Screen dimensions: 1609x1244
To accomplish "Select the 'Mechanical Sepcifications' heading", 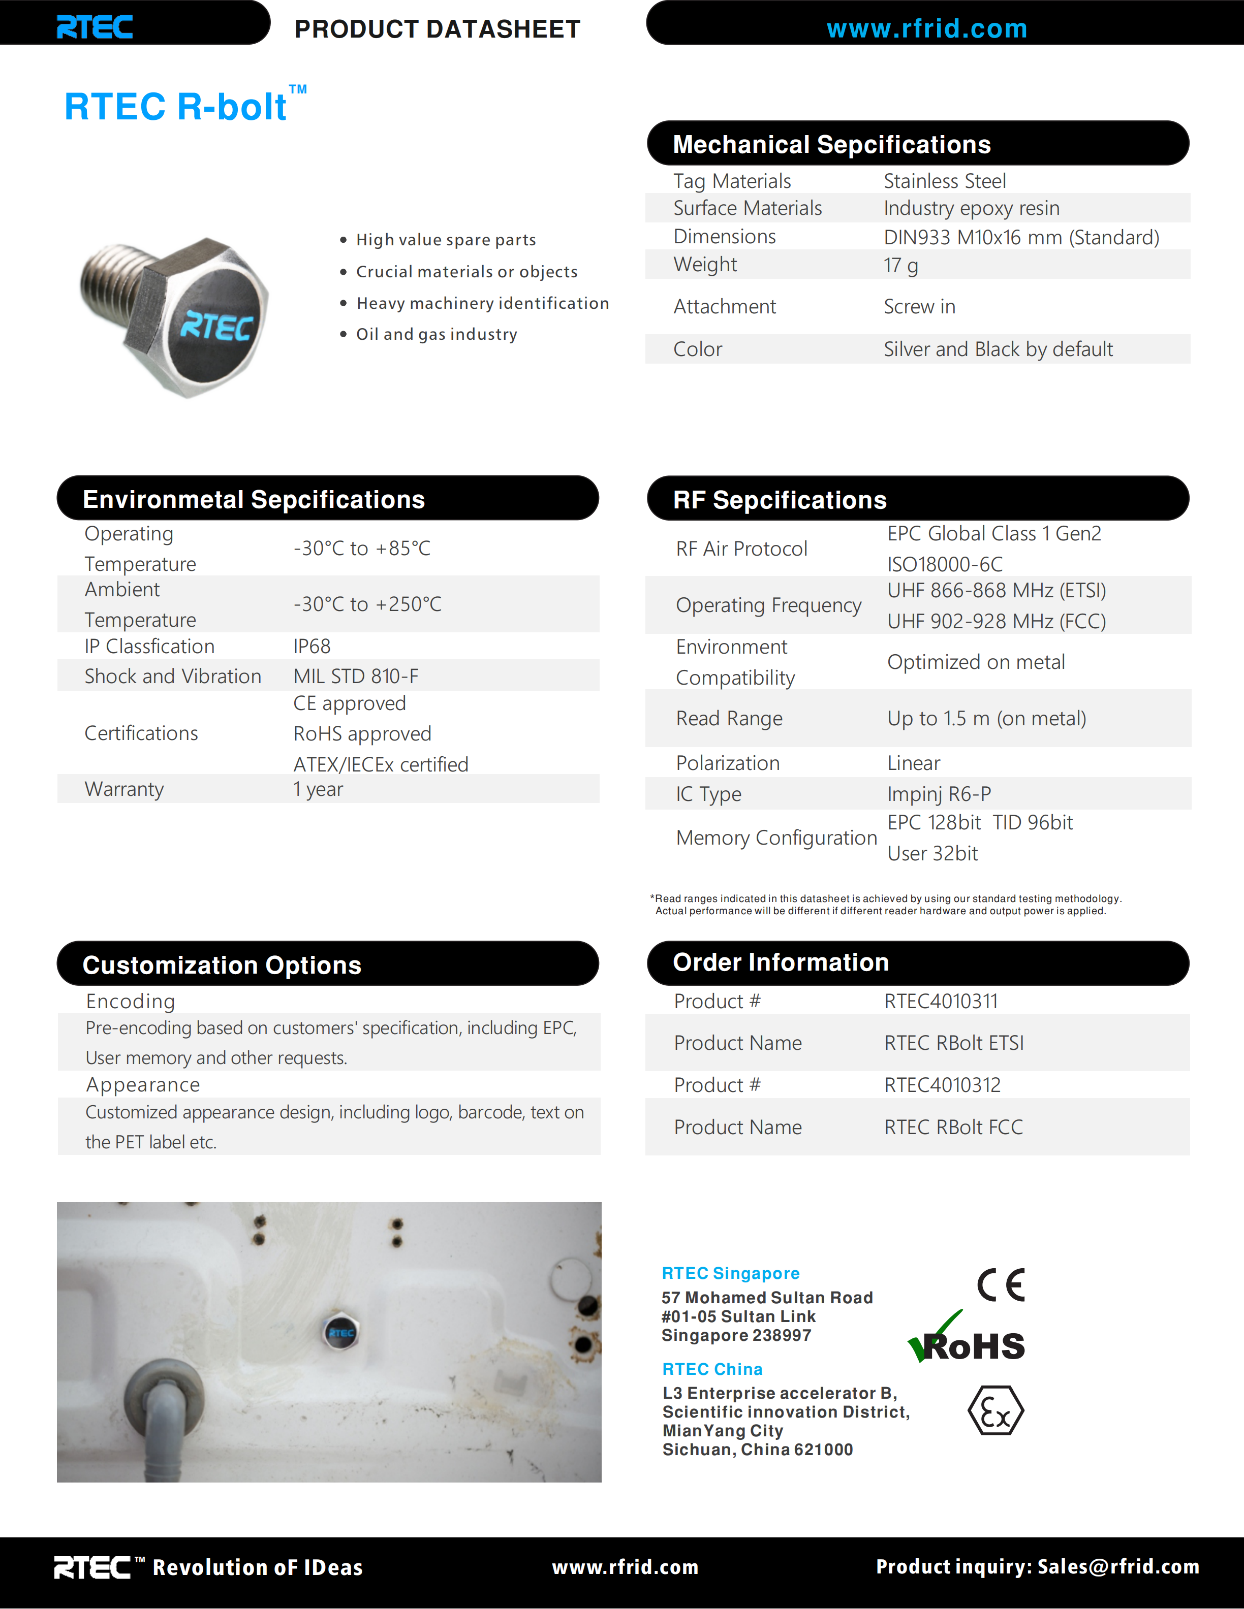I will [x=831, y=144].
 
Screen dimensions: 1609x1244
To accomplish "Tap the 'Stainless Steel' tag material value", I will [x=944, y=181].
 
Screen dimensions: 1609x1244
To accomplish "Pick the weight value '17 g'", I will [x=900, y=265].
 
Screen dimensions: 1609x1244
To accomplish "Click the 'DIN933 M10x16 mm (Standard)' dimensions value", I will [x=1021, y=237].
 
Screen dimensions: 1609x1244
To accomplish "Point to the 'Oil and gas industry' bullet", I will [x=437, y=335].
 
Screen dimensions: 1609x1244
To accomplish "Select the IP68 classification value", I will [x=312, y=646].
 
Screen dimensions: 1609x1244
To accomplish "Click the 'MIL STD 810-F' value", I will [x=355, y=677].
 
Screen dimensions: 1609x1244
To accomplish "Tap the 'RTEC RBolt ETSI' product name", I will [x=954, y=1043].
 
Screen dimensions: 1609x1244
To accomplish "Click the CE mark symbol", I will [x=1000, y=1285].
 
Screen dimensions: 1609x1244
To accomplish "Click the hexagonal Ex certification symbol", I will [x=995, y=1411].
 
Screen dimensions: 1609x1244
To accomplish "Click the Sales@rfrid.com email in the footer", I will [x=1118, y=1566].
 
